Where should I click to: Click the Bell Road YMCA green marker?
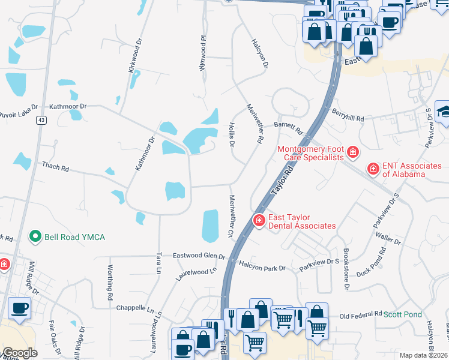tap(36, 237)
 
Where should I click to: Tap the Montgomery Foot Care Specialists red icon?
tap(353, 153)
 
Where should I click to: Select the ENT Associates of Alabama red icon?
tap(373, 170)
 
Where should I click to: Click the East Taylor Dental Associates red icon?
tap(259, 221)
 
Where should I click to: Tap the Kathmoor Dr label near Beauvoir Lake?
tap(68, 106)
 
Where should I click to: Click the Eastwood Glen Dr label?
tap(199, 256)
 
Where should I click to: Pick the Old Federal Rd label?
tap(360, 314)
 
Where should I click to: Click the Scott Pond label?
tap(403, 314)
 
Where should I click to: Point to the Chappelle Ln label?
tap(134, 308)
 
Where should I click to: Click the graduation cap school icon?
tap(444, 111)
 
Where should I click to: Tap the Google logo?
tap(20, 353)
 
